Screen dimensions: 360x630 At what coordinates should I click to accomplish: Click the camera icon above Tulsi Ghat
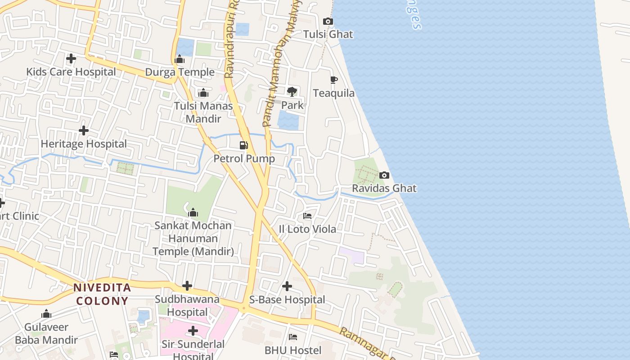328,22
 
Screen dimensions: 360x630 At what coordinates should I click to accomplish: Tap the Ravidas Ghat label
384,188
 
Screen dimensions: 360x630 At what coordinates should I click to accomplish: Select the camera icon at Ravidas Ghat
384,175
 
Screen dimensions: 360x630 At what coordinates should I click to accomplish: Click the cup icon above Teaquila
333,80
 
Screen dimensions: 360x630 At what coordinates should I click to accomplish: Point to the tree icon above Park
292,92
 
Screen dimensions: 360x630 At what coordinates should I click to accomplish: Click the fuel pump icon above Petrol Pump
243,145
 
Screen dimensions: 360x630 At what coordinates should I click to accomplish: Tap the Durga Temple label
180,72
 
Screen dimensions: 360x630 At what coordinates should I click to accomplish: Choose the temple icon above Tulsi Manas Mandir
203,93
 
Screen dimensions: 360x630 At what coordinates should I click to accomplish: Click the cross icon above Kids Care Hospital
71,58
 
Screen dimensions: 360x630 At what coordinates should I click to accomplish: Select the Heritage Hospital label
84,144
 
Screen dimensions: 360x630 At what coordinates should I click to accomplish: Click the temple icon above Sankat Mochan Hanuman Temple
193,212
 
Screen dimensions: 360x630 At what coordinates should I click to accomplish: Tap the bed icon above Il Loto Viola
307,216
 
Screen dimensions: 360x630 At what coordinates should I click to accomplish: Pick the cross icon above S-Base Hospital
287,286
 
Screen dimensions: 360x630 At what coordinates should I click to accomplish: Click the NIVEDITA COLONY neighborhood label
102,294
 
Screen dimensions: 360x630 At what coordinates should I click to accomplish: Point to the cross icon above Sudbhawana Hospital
187,286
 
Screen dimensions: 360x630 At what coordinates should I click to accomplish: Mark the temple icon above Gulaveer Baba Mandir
46,314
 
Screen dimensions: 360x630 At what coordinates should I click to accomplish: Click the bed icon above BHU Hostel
292,337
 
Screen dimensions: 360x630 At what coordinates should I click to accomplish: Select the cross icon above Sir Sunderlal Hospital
193,331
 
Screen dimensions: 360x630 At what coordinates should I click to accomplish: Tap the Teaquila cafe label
333,93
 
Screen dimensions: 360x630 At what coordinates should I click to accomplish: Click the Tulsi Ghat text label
328,34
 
